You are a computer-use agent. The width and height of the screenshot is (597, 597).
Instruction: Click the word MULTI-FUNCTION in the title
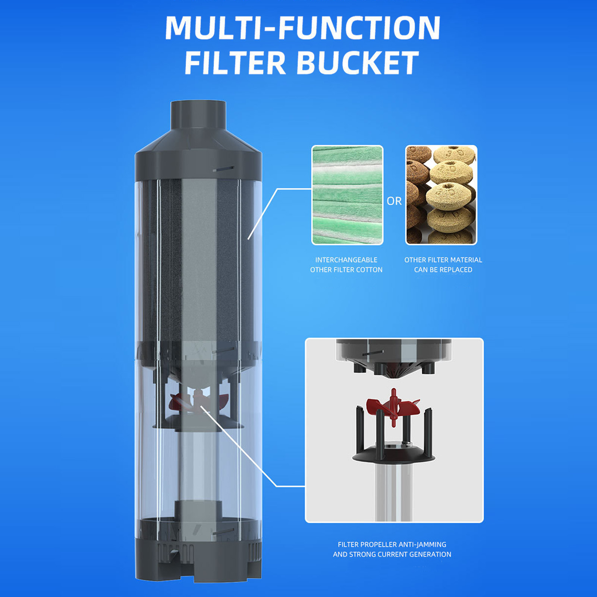click(x=303, y=28)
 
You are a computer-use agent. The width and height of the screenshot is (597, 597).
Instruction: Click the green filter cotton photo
click(x=348, y=195)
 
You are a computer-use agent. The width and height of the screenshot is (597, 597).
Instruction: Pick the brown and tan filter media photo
click(x=441, y=195)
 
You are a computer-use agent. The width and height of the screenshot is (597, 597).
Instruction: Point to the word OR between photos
click(x=394, y=201)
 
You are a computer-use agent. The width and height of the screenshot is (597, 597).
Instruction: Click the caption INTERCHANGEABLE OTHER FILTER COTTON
click(x=346, y=265)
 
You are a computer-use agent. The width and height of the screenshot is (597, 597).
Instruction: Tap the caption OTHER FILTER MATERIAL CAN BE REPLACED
click(x=443, y=265)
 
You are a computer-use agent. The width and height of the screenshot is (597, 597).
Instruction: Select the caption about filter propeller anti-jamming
click(x=392, y=549)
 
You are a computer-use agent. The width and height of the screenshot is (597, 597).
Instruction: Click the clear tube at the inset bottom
click(x=394, y=492)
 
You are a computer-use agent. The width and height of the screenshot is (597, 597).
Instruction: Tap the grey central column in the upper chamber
click(x=198, y=261)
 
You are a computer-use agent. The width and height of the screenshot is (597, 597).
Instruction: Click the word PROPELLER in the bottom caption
click(x=375, y=544)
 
